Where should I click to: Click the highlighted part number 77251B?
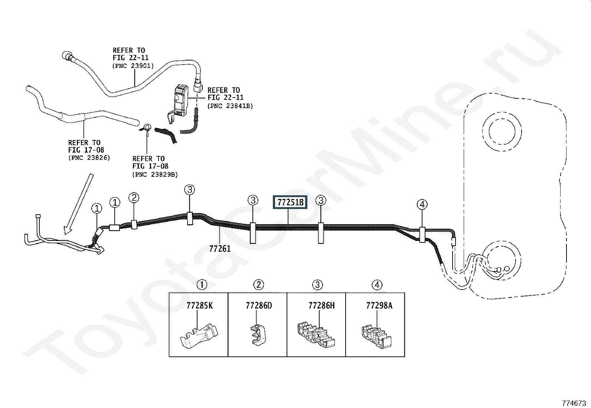[x=290, y=202]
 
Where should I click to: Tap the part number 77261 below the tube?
[x=220, y=249]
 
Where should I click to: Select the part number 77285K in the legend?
[x=199, y=306]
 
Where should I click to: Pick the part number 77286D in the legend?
[x=259, y=306]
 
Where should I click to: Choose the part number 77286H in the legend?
[x=321, y=306]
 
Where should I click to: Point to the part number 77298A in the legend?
[x=379, y=306]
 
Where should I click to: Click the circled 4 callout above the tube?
[x=422, y=205]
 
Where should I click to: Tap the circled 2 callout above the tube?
[x=134, y=198]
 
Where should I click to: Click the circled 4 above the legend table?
[x=377, y=285]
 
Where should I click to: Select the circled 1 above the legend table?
[x=202, y=285]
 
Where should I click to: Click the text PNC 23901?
[x=133, y=66]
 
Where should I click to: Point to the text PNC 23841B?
[x=230, y=106]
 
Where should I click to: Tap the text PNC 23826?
[x=89, y=158]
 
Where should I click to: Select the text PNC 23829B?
[x=155, y=174]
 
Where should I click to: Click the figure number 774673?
[x=574, y=403]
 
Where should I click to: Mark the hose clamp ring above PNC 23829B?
[x=146, y=128]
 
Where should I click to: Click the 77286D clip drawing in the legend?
[x=258, y=335]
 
